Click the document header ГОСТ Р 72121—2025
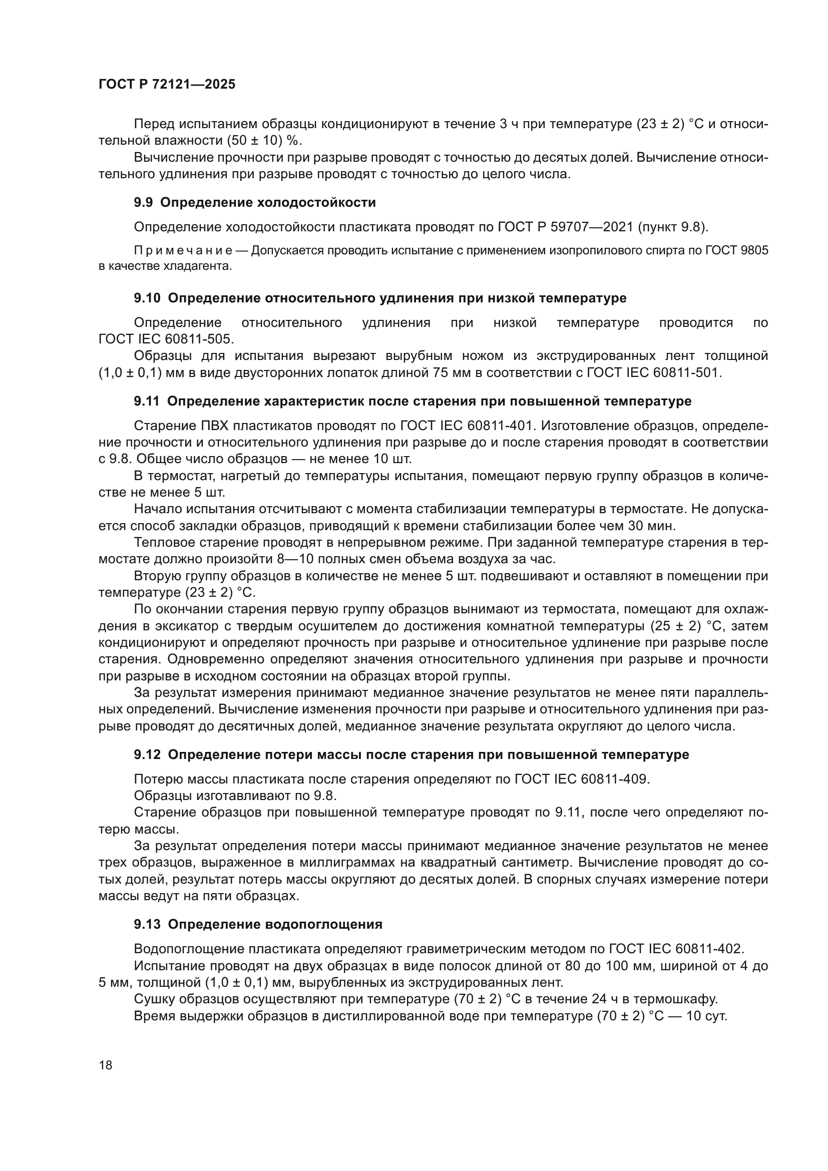[x=167, y=85]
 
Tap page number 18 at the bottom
[x=106, y=1065]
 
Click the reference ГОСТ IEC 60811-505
[x=166, y=339]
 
